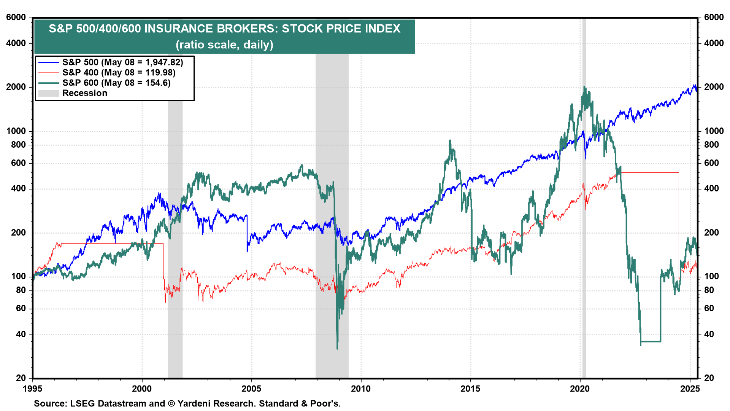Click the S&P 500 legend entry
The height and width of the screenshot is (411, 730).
point(122,62)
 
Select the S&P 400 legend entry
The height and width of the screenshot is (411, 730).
point(119,73)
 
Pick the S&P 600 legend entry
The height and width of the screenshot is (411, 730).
point(116,83)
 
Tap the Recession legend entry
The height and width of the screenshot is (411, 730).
point(84,93)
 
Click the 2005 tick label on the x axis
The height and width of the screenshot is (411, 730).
point(251,389)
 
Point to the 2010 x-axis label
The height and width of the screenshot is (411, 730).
point(361,389)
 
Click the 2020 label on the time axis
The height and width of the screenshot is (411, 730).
point(580,389)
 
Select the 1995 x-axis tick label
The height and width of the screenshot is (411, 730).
point(33,389)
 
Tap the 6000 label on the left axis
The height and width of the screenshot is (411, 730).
point(16,18)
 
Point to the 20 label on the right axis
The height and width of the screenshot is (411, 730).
point(709,378)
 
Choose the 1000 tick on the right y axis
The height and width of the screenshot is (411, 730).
point(714,131)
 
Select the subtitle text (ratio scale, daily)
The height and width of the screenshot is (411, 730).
point(224,45)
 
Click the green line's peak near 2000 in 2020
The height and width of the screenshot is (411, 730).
point(584,87)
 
